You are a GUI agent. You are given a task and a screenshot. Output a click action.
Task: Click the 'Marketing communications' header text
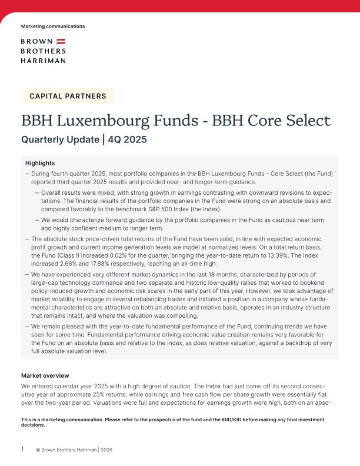(53, 26)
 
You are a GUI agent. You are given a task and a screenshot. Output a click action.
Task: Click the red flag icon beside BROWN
(61, 42)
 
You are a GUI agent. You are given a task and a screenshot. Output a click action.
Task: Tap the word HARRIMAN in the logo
(43, 60)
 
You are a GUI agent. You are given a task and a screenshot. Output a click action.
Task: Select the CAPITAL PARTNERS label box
(68, 96)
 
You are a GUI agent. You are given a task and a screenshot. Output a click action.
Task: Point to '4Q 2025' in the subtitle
(127, 140)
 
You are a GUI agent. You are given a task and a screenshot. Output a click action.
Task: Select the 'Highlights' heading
(41, 162)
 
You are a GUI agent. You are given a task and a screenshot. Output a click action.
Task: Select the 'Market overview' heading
(45, 375)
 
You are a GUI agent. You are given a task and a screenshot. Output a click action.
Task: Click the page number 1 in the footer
(22, 450)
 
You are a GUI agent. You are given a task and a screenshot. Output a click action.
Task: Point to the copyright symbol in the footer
(38, 450)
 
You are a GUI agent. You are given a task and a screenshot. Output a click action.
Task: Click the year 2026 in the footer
(105, 450)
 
